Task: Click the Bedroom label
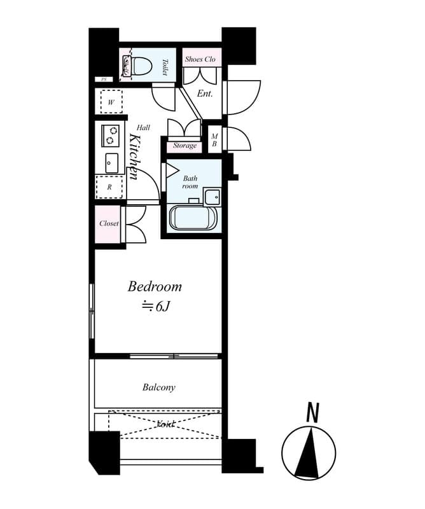tap(155, 286)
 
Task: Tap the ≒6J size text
tap(156, 306)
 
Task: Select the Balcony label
tap(158, 387)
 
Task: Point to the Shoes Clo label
tap(200, 59)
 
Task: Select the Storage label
tap(185, 146)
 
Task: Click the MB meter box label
tap(214, 140)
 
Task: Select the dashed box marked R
tap(109, 187)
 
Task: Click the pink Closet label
tap(109, 224)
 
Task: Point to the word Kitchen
tap(134, 157)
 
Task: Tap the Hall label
tap(143, 127)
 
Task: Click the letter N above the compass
tap(312, 414)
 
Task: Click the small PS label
tap(103, 80)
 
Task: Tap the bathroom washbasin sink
tap(211, 195)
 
